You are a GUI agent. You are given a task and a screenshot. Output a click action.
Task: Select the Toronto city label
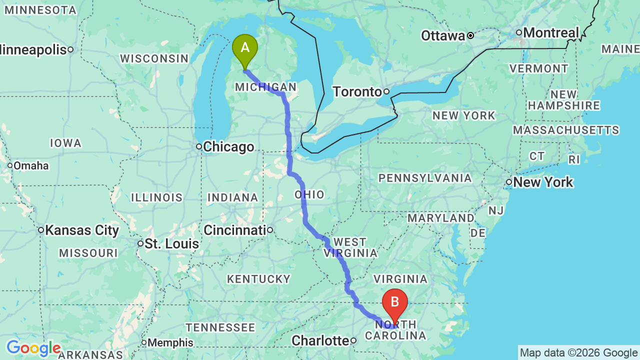point(357,92)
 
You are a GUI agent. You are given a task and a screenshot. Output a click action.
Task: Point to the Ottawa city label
point(443,36)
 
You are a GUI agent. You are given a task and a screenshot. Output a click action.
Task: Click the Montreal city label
point(551,33)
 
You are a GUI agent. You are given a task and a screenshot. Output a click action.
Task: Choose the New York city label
point(543,182)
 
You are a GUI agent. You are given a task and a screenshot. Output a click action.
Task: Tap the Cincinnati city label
point(234,230)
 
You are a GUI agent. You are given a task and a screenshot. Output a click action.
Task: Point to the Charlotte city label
point(320,341)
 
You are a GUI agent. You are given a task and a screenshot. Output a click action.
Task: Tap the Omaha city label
point(31,165)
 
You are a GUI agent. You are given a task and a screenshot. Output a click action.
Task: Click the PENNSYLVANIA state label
point(425,178)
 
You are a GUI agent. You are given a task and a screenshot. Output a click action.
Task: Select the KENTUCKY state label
point(258,279)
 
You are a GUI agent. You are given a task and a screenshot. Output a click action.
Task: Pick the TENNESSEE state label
point(220,327)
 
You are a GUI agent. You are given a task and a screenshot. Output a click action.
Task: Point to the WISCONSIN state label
point(154,58)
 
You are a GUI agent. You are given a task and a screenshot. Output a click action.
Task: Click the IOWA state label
point(65,143)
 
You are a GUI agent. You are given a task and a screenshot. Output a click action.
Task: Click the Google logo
point(33,348)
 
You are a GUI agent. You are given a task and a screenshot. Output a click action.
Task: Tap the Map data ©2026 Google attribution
point(578,353)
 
